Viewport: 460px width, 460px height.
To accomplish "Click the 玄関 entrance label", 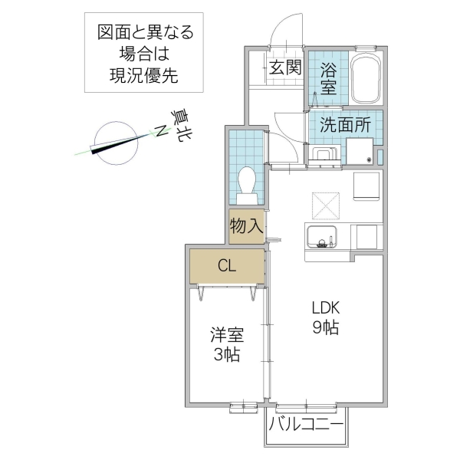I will pos(284,67).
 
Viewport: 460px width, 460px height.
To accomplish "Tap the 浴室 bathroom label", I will pos(328,77).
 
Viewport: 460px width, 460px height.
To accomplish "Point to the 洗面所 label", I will pos(346,123).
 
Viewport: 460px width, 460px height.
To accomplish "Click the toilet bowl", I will pos(247,182).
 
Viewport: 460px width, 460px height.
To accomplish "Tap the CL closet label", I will pos(227,266).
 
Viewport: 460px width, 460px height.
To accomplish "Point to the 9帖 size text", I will pos(326,327).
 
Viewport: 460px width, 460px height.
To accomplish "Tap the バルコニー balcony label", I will pos(306,423).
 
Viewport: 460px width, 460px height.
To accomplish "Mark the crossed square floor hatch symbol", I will pos(326,203).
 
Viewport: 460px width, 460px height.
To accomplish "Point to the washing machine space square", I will pos(359,150).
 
